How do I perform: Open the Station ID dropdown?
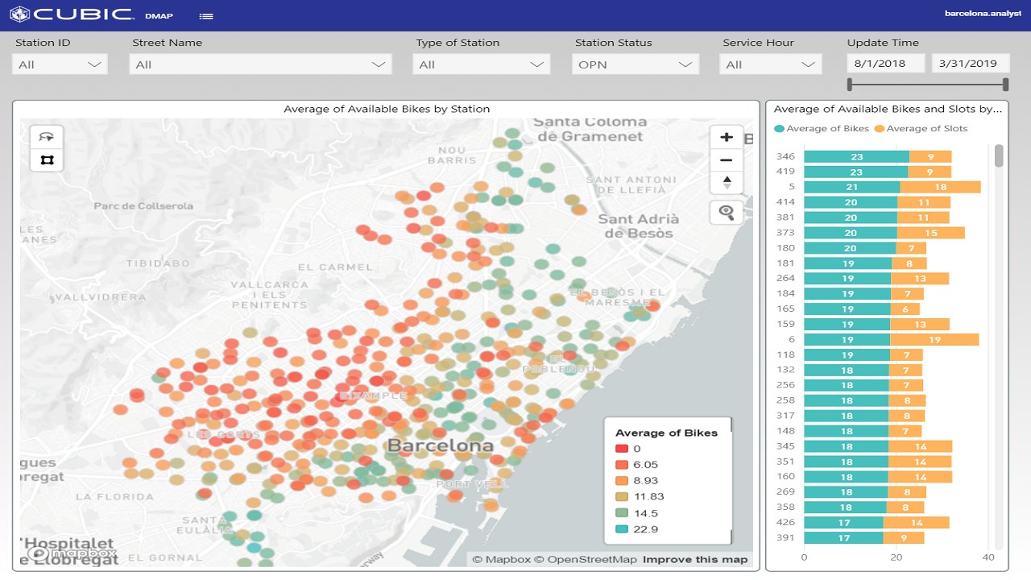[60, 64]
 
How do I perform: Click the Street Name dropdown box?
[260, 64]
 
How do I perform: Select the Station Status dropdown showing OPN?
[635, 64]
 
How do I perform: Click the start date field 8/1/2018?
[885, 64]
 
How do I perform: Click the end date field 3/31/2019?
[970, 64]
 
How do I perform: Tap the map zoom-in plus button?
[727, 137]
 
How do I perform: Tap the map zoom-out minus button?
[727, 160]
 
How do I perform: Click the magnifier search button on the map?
[727, 213]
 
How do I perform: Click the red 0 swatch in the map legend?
[621, 449]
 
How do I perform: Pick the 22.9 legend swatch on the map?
[621, 529]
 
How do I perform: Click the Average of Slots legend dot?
[880, 129]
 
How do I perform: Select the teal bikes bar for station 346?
[856, 157]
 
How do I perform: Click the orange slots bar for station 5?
[940, 187]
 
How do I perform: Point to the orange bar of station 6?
[934, 340]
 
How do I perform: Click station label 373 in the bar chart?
[785, 233]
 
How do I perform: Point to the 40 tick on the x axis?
[988, 557]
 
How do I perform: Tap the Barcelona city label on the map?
[440, 445]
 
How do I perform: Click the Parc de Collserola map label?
[143, 206]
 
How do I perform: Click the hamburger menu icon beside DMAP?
[206, 16]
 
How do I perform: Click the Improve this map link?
[695, 560]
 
